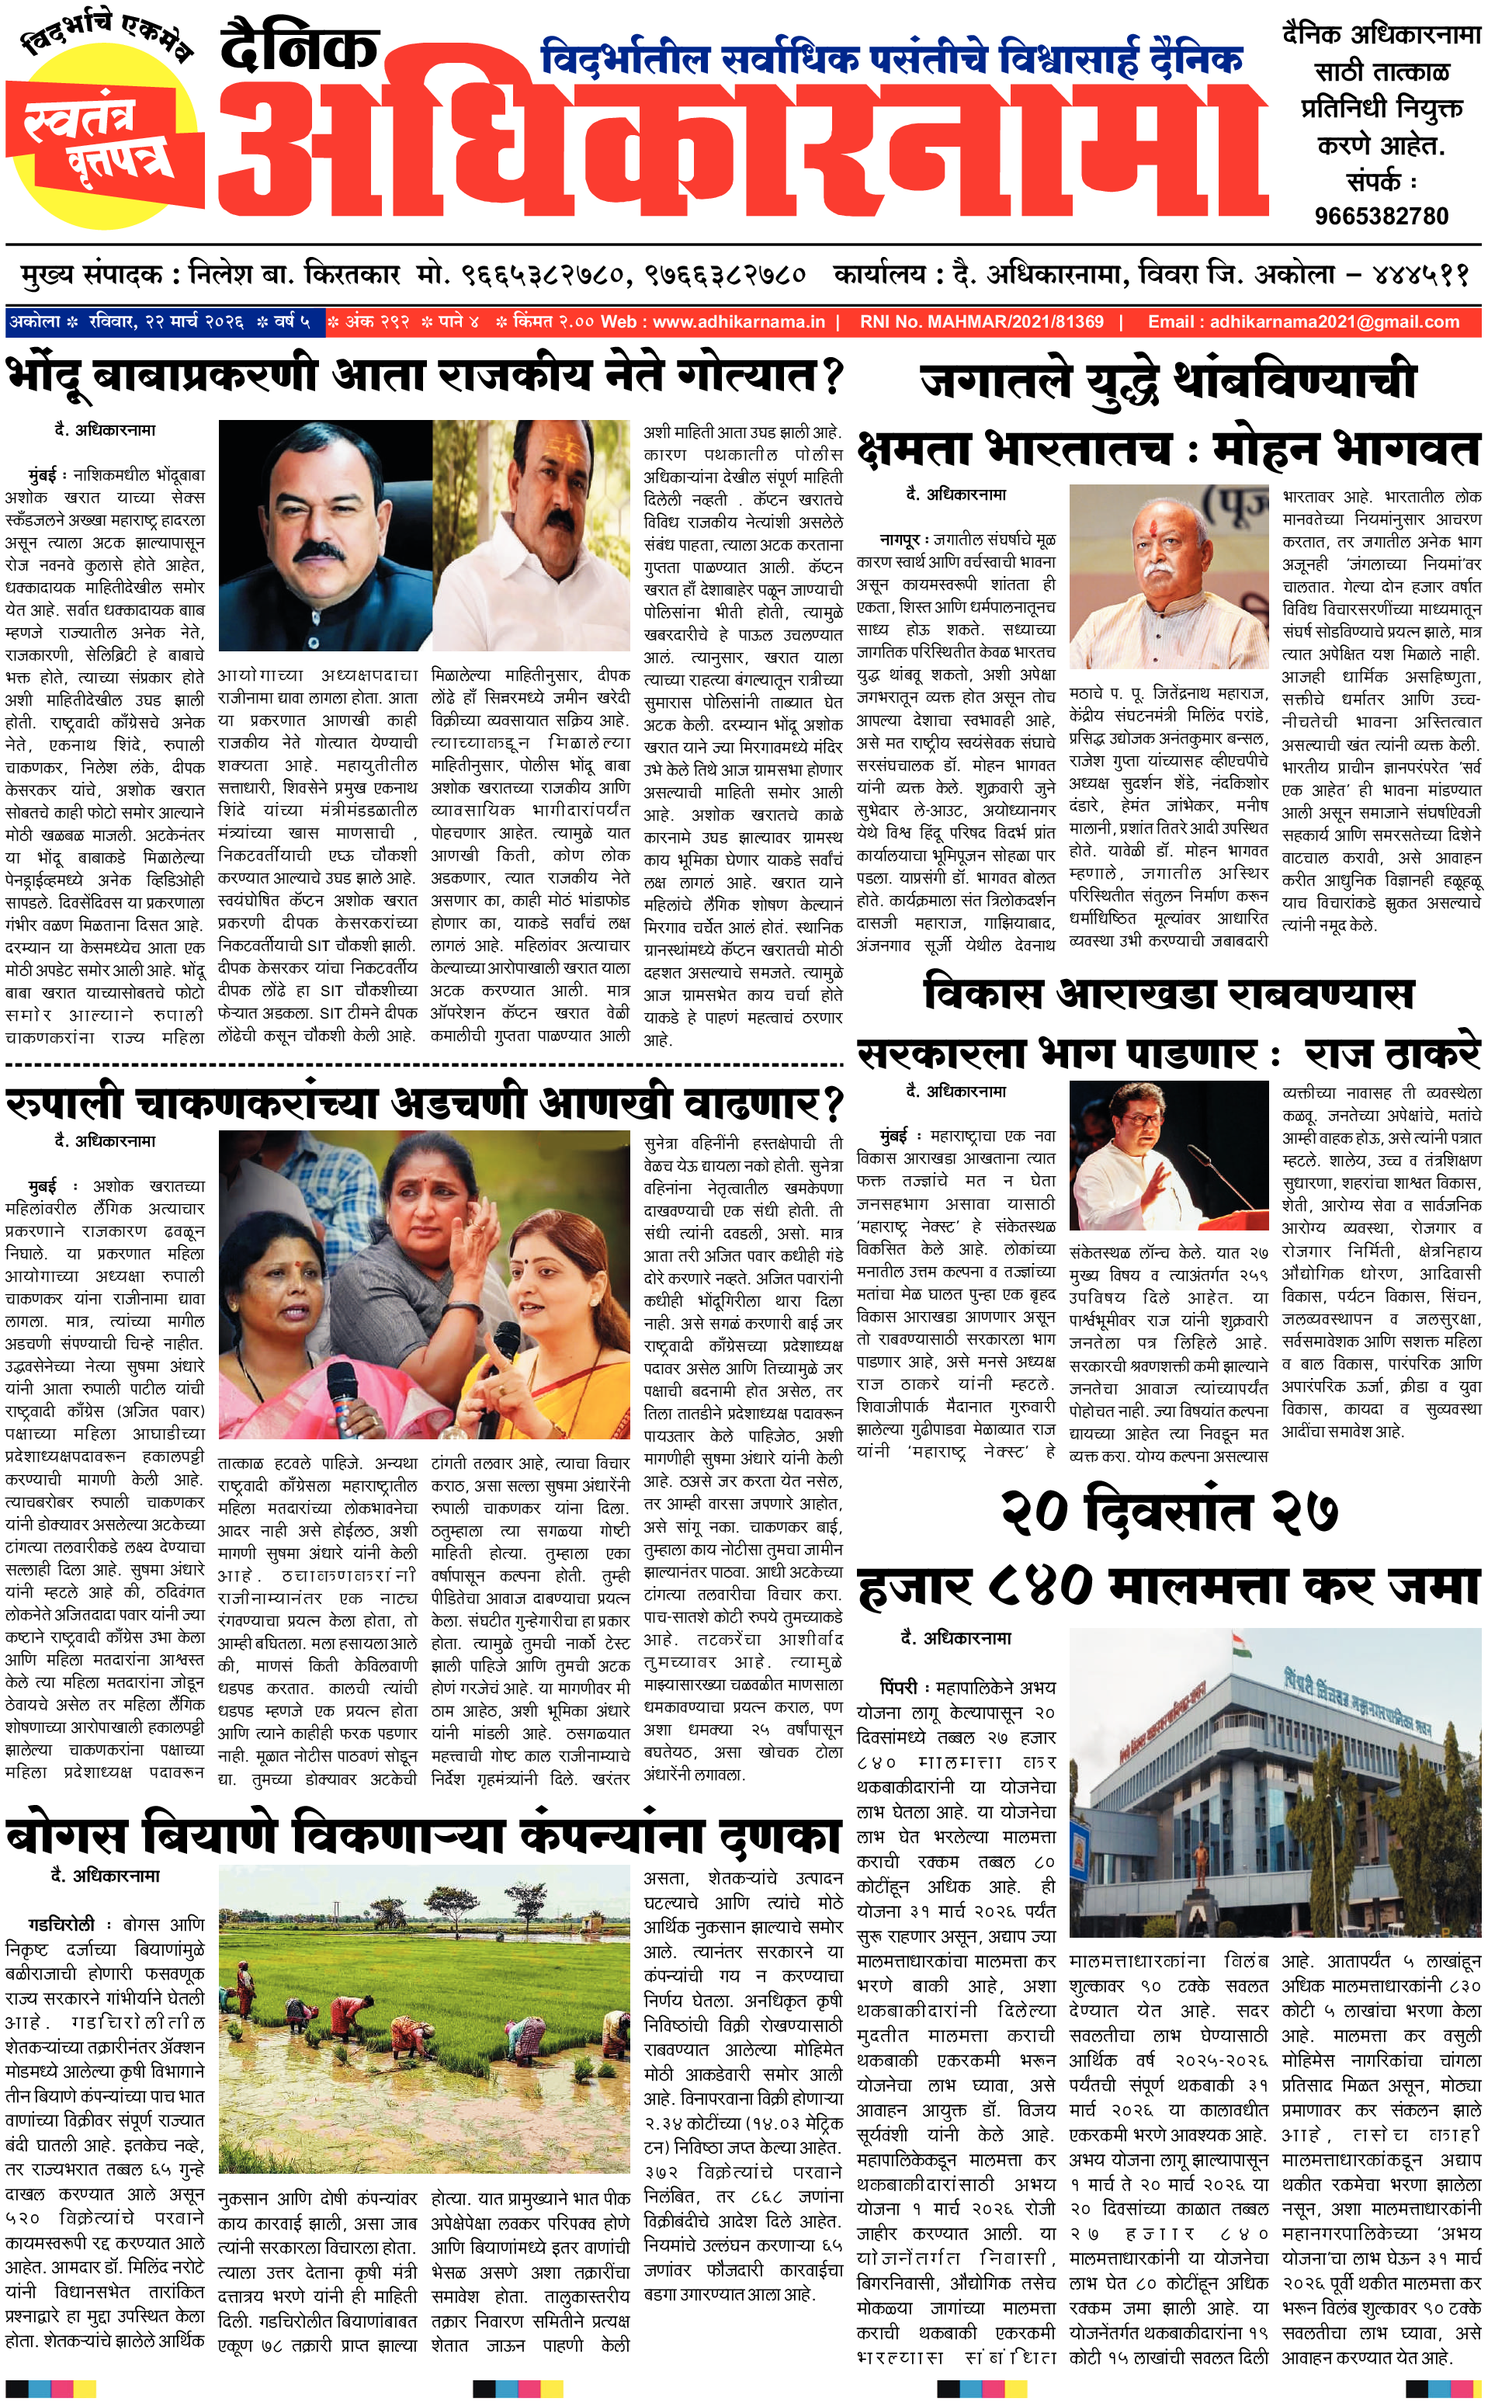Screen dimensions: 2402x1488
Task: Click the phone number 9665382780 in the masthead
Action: (1381, 216)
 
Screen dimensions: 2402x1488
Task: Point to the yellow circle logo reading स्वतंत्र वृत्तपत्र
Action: (99, 133)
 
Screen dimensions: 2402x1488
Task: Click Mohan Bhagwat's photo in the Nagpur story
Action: (1168, 578)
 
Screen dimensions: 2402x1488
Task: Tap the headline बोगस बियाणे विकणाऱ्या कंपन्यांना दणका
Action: (423, 1835)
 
